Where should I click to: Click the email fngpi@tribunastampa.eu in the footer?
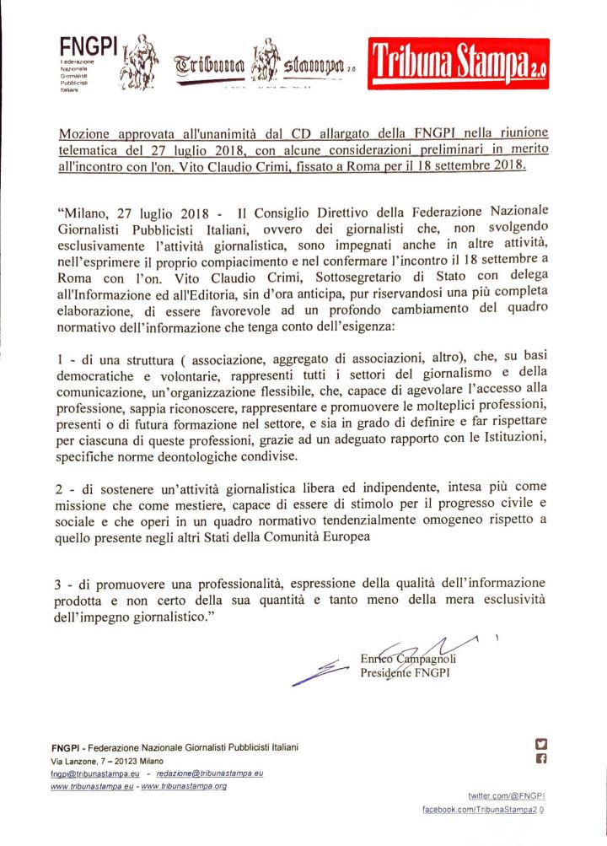[94, 773]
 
